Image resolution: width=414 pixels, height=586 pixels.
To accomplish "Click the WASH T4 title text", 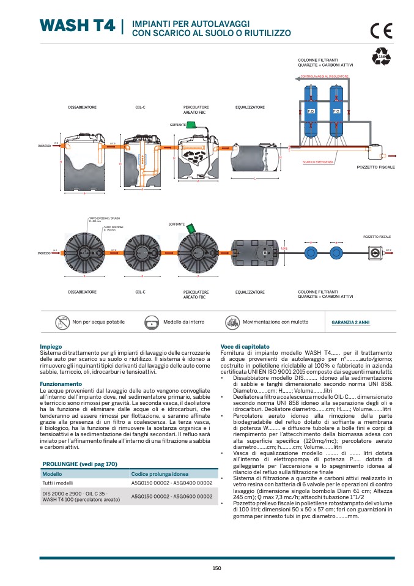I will (x=77, y=26).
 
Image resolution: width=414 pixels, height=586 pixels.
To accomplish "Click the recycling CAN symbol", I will (x=381, y=57).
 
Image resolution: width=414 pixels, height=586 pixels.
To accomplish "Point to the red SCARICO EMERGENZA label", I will (x=317, y=162).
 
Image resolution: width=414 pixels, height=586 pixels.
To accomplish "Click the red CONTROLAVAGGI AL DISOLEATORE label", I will (x=324, y=76).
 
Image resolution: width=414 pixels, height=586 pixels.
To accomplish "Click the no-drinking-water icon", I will (x=62, y=322).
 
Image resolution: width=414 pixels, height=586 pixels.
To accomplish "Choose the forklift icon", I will (x=232, y=322).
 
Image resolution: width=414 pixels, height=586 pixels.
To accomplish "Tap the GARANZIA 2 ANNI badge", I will (x=350, y=322).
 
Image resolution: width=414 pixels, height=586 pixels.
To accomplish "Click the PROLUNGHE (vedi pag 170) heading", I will (x=79, y=464).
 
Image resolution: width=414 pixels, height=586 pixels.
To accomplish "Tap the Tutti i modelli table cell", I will (x=56, y=483).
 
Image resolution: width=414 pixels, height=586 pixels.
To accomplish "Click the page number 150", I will (x=216, y=568).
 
